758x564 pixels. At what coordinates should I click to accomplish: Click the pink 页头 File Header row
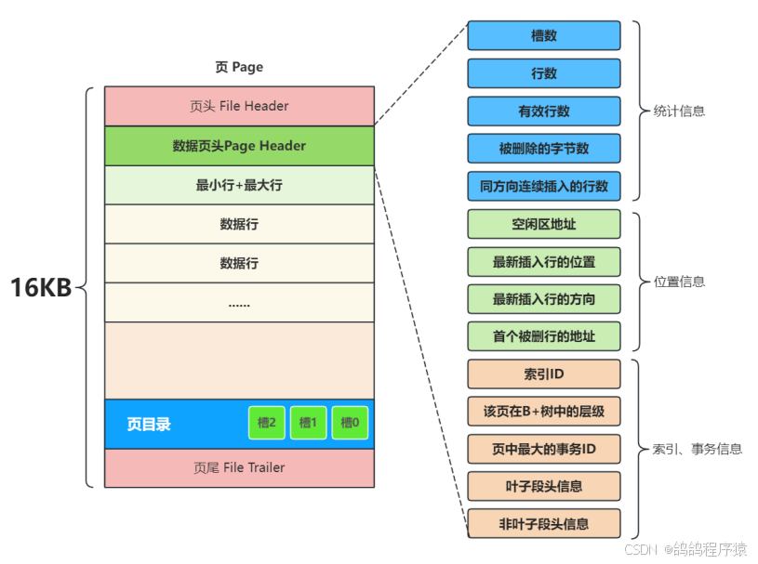[x=239, y=106]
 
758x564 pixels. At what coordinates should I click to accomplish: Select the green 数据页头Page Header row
[x=239, y=146]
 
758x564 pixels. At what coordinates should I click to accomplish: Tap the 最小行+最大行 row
[x=239, y=185]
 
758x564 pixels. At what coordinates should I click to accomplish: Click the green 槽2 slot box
[x=267, y=423]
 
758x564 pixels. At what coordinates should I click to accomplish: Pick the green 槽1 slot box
[x=309, y=423]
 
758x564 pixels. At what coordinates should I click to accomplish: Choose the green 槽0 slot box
[x=351, y=423]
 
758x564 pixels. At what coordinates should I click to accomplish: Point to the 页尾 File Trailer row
[x=239, y=467]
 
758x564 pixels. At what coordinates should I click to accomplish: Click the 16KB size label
[x=41, y=288]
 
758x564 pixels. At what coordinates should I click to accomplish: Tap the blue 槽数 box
[x=544, y=35]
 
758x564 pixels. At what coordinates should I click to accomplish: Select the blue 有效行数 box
[x=544, y=111]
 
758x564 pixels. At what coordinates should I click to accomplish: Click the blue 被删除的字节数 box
[x=544, y=149]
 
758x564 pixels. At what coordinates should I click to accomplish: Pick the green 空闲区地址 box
[x=544, y=224]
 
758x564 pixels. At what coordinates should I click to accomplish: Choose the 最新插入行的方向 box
[x=544, y=299]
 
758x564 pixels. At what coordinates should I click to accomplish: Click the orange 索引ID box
[x=544, y=374]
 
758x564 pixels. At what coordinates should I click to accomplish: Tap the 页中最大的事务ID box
[x=544, y=450]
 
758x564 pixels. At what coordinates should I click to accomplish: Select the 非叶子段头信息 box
[x=544, y=524]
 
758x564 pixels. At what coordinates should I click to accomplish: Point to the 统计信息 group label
[x=680, y=111]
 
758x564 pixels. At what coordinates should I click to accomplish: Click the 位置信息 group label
[x=680, y=282]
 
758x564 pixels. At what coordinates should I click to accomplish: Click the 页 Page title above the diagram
[x=239, y=67]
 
